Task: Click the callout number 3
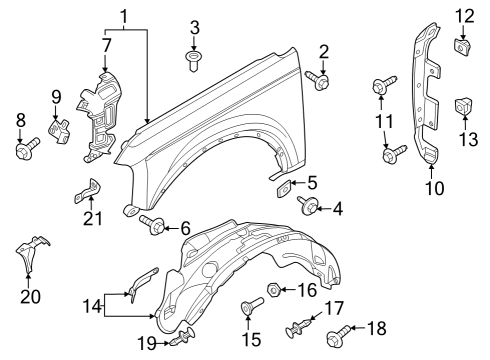pyautogui.click(x=195, y=26)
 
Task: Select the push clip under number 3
pyautogui.click(x=194, y=61)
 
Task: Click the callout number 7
pyautogui.click(x=107, y=46)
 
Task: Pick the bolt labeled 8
pyautogui.click(x=23, y=151)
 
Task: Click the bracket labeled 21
pyautogui.click(x=89, y=190)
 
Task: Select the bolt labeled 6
pyautogui.click(x=155, y=226)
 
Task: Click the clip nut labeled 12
pyautogui.click(x=464, y=46)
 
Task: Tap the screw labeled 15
pyautogui.click(x=250, y=311)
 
